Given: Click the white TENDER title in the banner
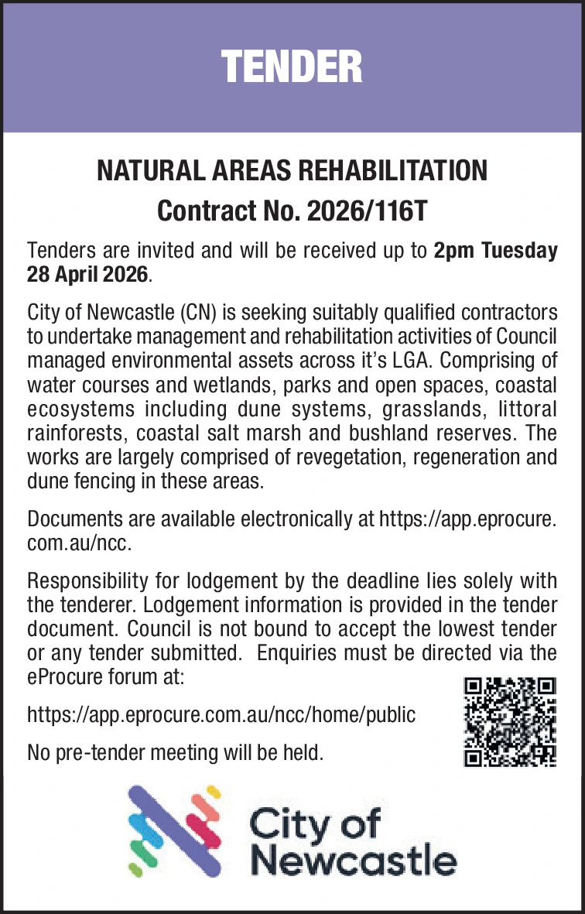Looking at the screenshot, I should [x=292, y=67].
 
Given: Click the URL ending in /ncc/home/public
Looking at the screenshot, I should [x=221, y=714].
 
